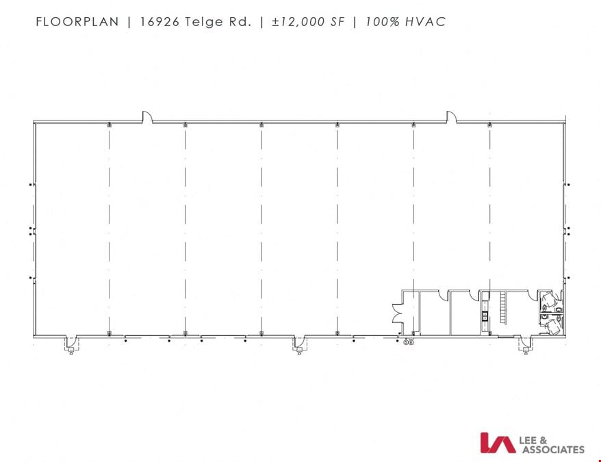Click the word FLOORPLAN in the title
click(x=77, y=21)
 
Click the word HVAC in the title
click(x=426, y=21)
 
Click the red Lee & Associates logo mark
click(x=498, y=443)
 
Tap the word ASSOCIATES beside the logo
click(x=552, y=450)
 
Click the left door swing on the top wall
click(x=148, y=117)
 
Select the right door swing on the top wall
click(x=451, y=117)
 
